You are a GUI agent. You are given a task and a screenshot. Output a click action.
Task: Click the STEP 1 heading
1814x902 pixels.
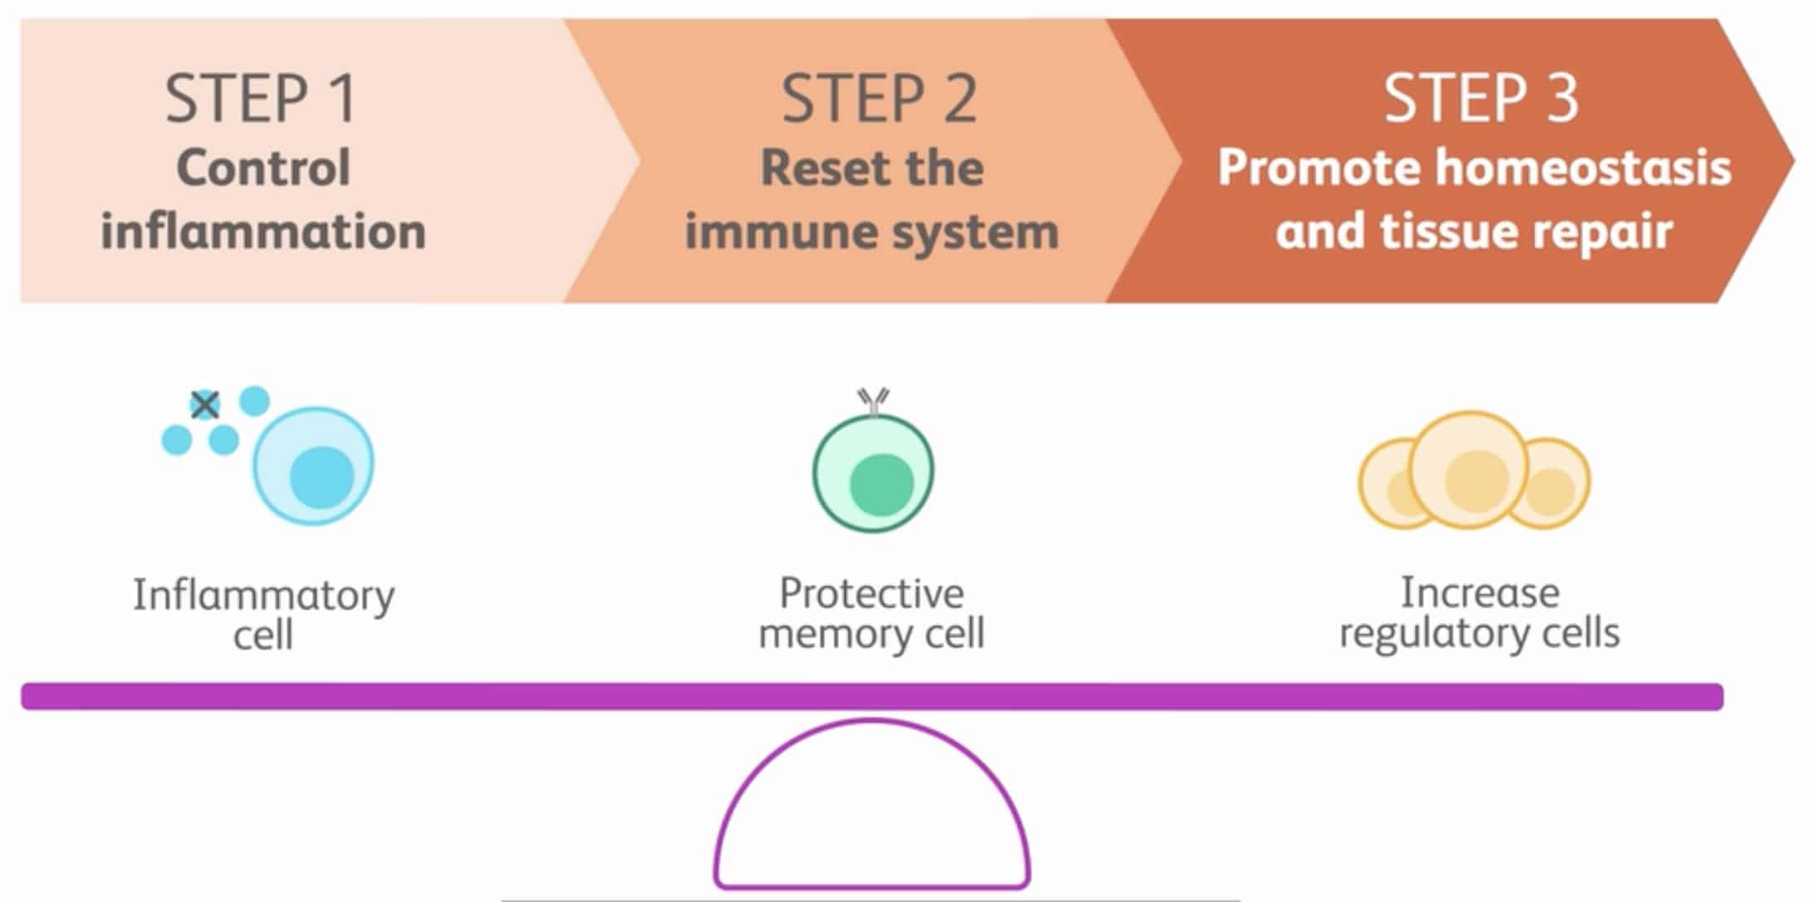261,99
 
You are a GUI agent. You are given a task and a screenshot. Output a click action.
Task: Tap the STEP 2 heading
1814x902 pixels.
879,99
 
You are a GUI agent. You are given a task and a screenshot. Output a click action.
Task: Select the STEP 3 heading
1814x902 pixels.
1480,99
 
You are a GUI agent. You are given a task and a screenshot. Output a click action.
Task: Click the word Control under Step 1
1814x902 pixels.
263,168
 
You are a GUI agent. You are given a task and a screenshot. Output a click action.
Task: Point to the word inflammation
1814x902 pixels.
263,231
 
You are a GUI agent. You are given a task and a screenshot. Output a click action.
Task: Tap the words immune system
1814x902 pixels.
872,231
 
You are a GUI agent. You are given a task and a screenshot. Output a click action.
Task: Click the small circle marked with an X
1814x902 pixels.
204,405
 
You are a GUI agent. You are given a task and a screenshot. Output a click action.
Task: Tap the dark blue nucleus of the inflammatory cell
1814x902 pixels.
322,477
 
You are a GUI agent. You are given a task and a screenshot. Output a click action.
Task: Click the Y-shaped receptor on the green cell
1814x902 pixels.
873,402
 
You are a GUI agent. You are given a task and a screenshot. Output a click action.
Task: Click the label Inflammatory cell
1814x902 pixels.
263,615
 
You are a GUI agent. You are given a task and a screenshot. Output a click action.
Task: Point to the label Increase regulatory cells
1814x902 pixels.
1480,613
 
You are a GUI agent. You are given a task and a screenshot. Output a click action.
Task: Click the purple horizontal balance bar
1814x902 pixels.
872,696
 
